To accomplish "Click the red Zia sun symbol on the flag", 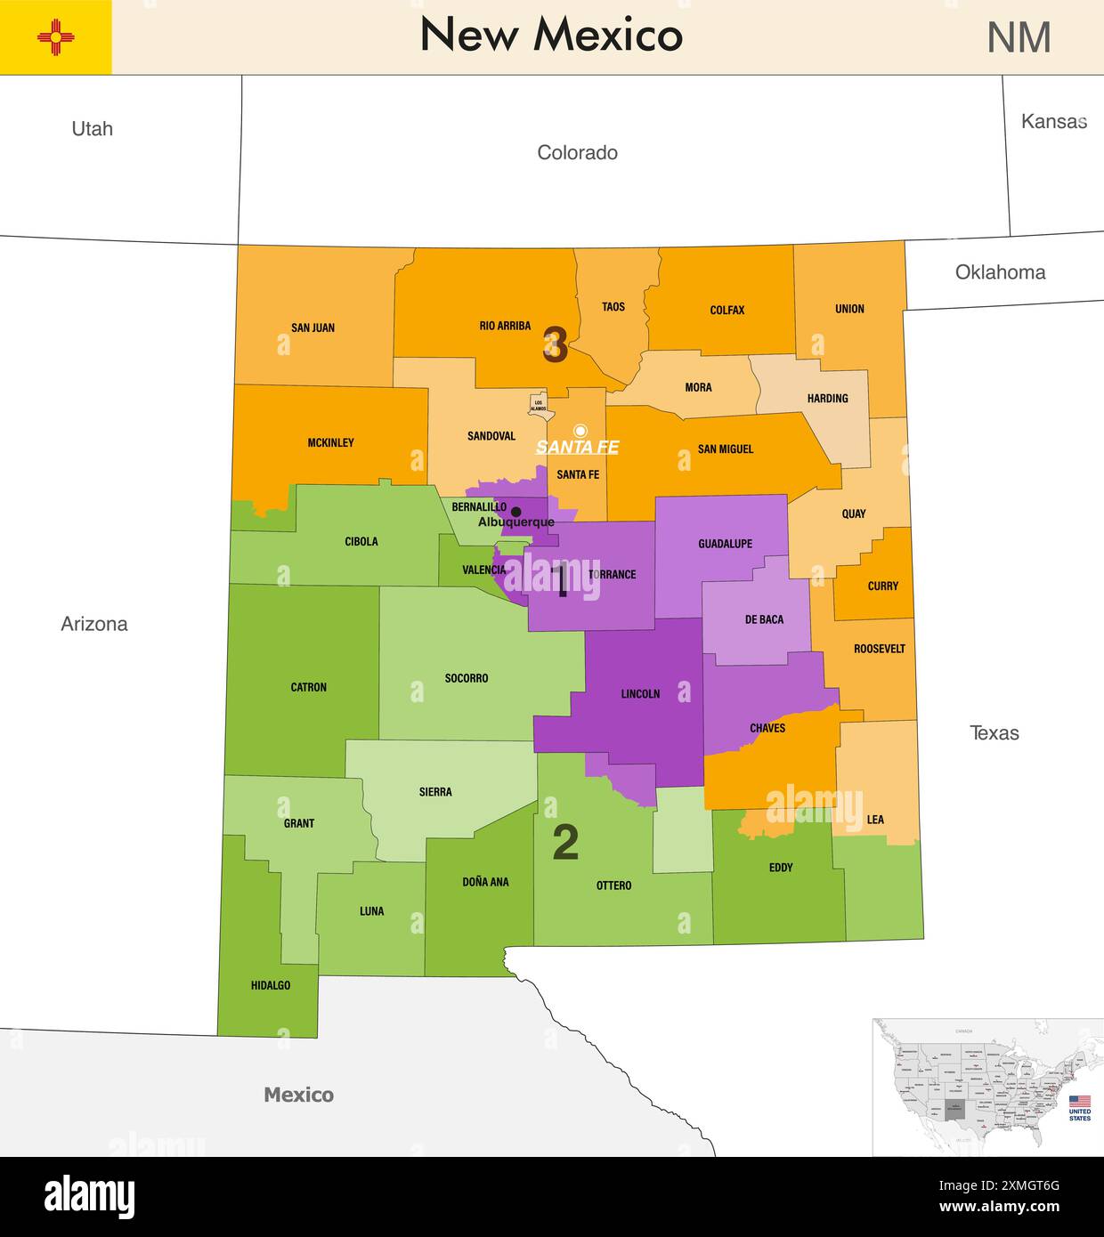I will coord(56,37).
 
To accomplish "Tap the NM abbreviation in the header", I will coord(1019,37).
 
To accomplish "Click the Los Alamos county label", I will coord(539,405).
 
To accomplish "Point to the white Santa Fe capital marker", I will coord(580,431).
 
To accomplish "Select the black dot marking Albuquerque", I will coord(515,511).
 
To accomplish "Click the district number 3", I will coord(555,345).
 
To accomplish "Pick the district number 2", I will coord(565,842).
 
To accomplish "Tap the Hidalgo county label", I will coord(271,985).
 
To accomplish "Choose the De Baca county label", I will coord(764,619).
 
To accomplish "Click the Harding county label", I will coord(827,398).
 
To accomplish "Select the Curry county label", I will coord(882,586).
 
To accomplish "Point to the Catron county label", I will coord(308,687).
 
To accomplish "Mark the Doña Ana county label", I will coord(485,882).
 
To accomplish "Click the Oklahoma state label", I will coord(1000,272).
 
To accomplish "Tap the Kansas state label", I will coord(1054,122).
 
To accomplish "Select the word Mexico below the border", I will coord(298,1095).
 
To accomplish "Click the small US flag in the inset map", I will coord(1079,1102).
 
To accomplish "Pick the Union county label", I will coord(849,309).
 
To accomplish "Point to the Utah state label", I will coord(92,129).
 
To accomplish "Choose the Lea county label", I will coord(875,820).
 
